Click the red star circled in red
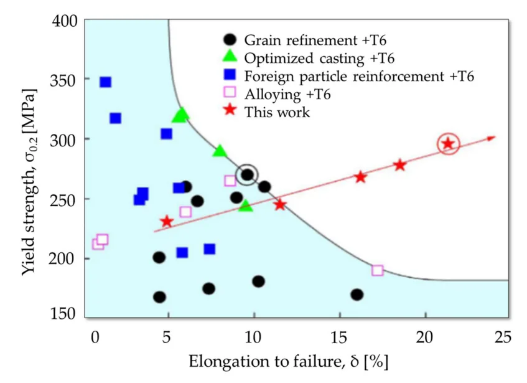[448, 144]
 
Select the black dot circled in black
[247, 175]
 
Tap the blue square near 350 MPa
[105, 82]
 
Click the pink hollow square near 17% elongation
[377, 270]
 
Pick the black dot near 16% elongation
[357, 295]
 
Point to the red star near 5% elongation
[166, 222]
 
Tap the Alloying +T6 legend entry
[287, 95]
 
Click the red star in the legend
[230, 111]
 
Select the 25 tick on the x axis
[503, 337]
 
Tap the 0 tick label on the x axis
[95, 337]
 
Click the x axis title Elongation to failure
[289, 362]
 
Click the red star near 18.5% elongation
[399, 165]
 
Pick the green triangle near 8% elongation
[219, 151]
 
